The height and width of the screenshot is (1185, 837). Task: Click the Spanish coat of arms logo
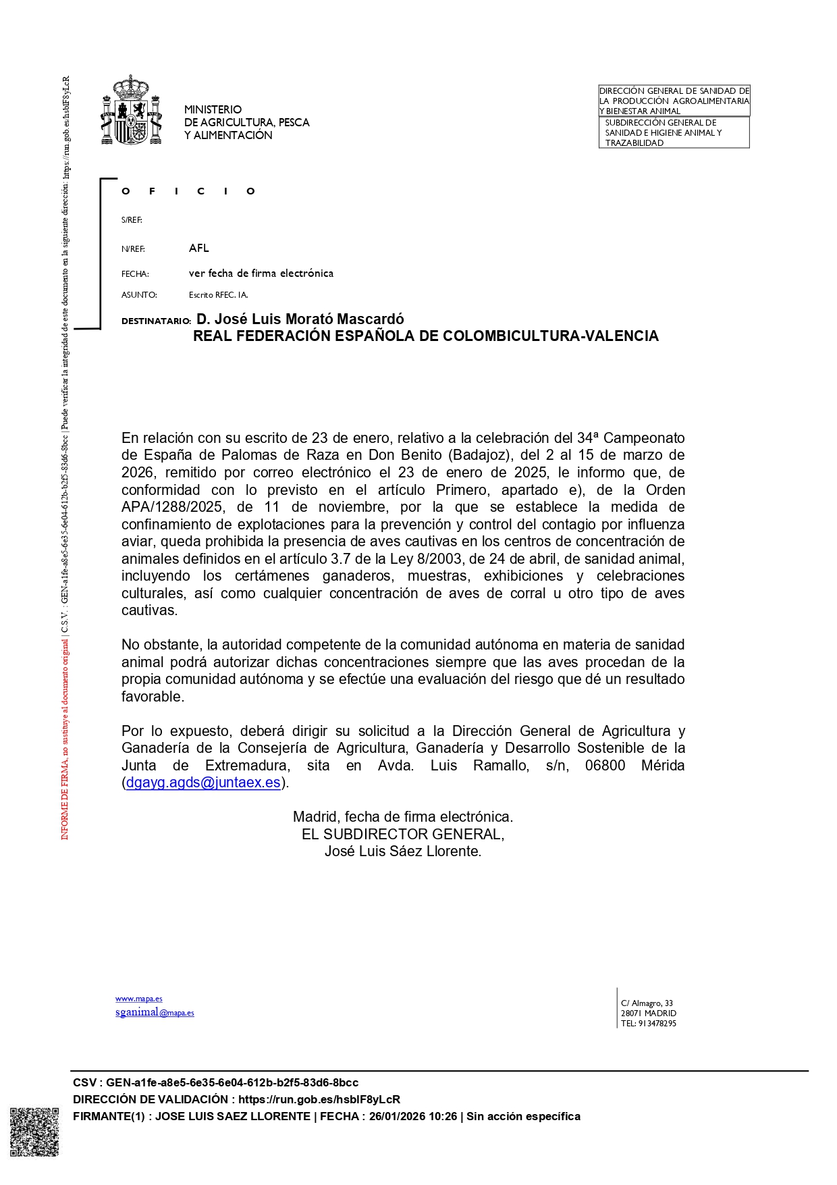click(132, 110)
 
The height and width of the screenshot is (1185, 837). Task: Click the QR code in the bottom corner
click(34, 1132)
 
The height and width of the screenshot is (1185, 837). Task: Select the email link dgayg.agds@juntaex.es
click(202, 783)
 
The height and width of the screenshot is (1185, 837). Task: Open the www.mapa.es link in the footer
click(138, 999)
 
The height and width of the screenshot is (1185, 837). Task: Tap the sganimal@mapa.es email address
click(155, 1012)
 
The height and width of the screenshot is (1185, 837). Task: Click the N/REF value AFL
click(199, 248)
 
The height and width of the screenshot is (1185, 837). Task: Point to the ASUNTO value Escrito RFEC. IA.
click(218, 295)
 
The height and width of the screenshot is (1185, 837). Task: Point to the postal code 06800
click(605, 766)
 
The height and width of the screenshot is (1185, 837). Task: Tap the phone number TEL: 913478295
click(648, 1024)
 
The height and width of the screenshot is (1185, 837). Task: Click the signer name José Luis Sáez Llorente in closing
click(403, 851)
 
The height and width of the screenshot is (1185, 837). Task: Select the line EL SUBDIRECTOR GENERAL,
click(403, 835)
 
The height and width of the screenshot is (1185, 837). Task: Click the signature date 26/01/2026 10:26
click(412, 1117)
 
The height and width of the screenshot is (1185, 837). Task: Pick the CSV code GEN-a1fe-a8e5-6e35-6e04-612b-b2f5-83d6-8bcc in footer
click(232, 1083)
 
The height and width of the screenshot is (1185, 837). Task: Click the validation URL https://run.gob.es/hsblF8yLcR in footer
click(319, 1100)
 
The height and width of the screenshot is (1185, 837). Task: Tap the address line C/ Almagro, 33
click(647, 1003)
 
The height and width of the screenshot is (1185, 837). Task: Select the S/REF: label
click(132, 220)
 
